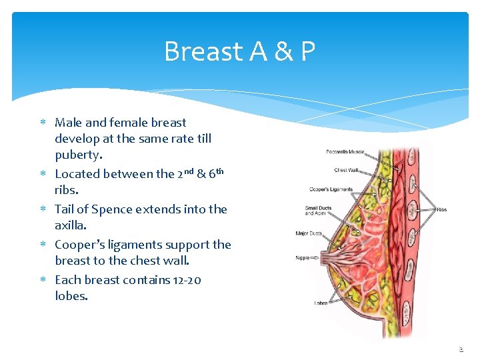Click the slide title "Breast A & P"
239,51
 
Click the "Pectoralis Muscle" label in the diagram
345,152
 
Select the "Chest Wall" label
346,170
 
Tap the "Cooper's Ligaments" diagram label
331,189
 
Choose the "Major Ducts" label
309,233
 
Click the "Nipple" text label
303,258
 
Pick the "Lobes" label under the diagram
321,303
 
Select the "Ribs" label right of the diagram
441,209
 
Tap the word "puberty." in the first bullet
79,155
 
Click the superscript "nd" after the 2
188,171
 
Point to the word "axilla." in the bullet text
71,225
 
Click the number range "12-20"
185,280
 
